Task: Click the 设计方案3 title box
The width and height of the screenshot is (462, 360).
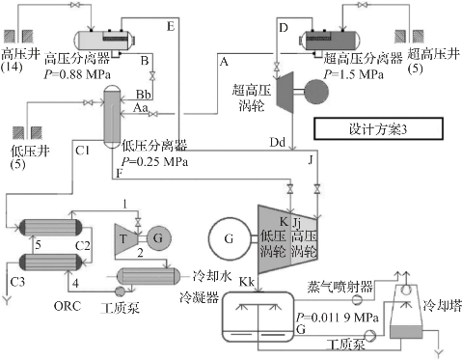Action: (x=378, y=128)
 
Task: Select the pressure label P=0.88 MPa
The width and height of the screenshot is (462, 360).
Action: (x=77, y=74)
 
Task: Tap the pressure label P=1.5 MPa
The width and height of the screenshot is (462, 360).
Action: (x=353, y=74)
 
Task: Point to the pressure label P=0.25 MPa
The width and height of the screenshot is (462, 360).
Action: (x=154, y=161)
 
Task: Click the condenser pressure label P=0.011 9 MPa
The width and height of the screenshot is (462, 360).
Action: (x=337, y=318)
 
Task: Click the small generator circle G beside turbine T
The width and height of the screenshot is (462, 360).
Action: (x=159, y=238)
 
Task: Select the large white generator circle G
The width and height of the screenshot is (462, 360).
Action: (x=230, y=238)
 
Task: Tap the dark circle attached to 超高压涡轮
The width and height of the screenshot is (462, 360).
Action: (x=316, y=92)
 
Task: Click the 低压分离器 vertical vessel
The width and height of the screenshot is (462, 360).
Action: (x=112, y=117)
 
